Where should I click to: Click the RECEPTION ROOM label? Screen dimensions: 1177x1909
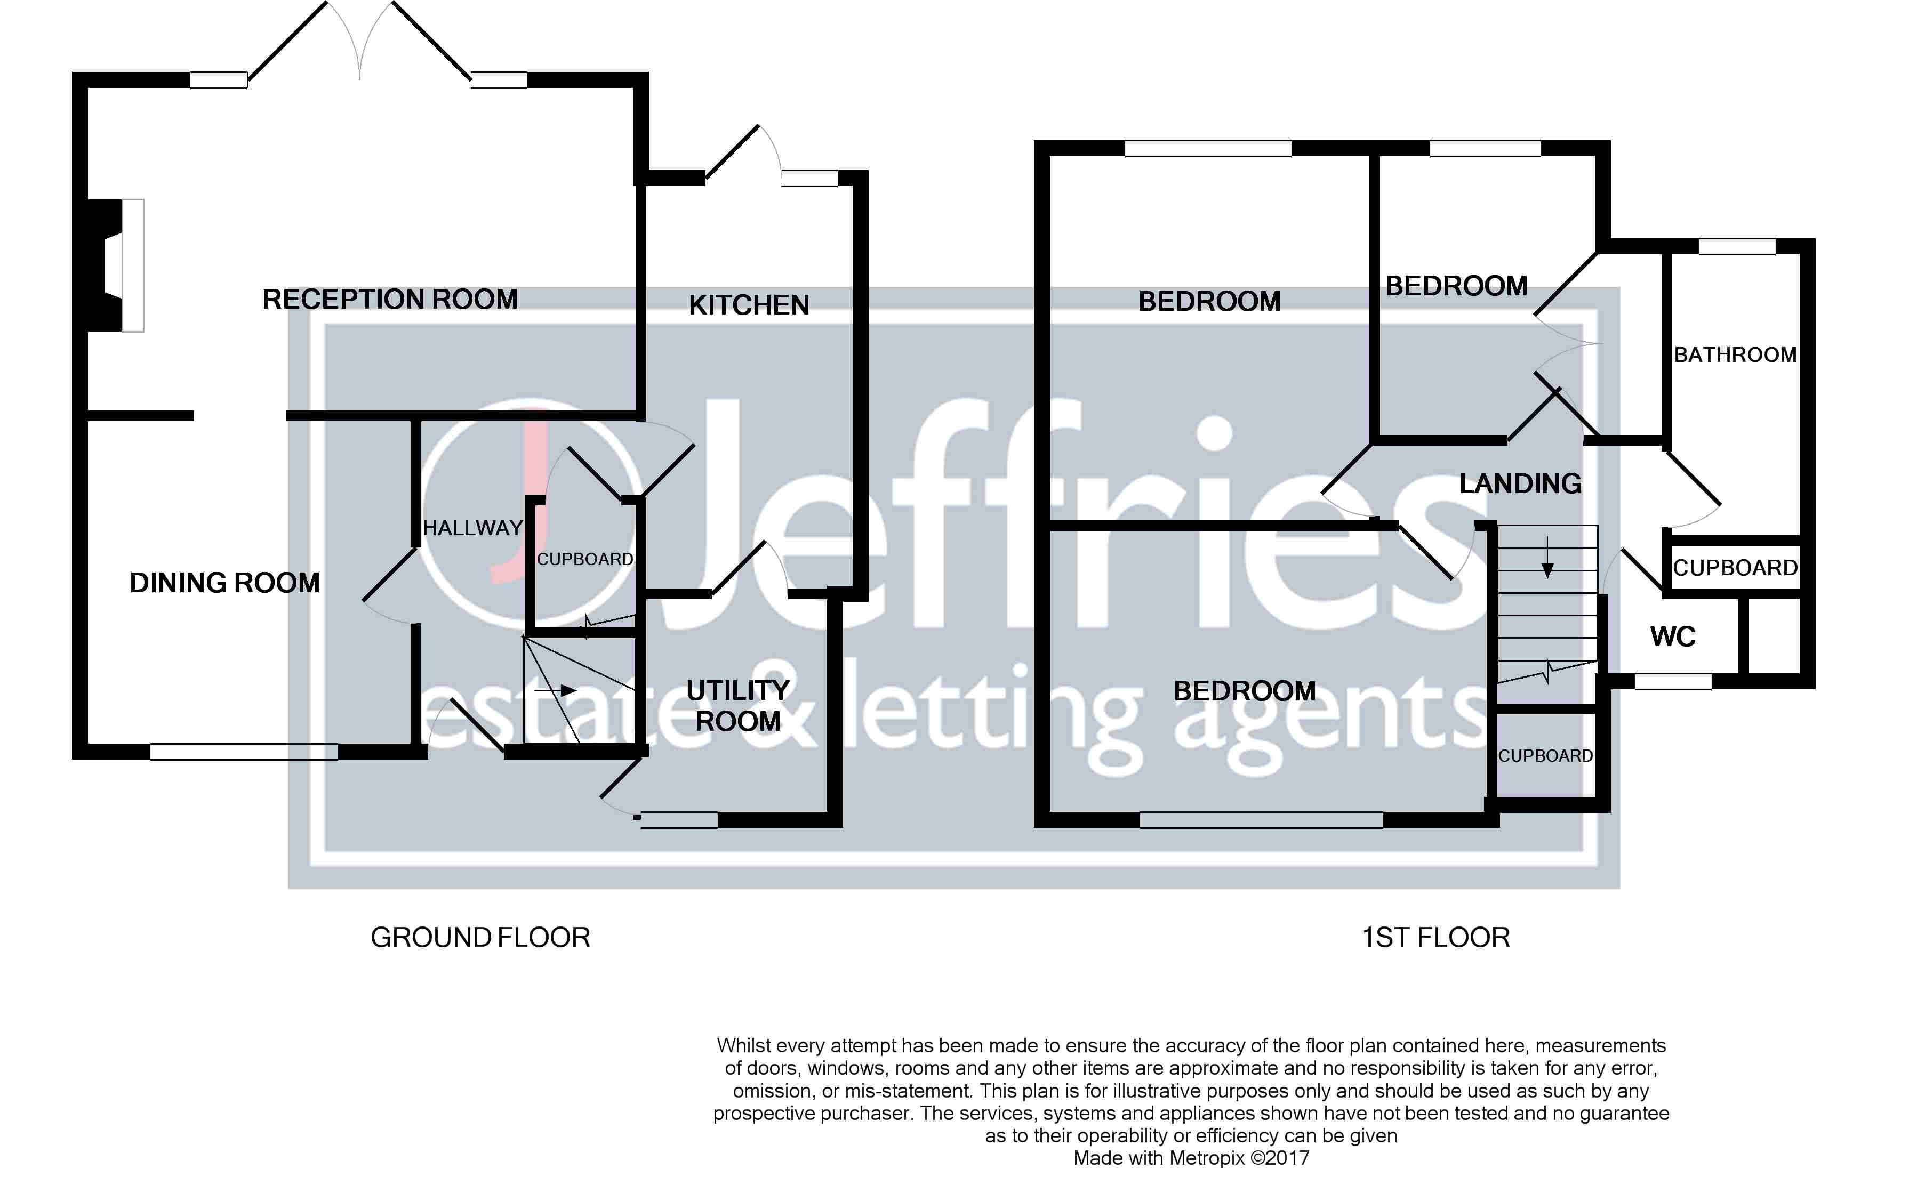tap(389, 299)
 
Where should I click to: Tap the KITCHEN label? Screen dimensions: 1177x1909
tap(749, 305)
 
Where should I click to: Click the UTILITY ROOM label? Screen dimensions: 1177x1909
tap(737, 706)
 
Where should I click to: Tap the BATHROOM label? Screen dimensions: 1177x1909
tap(1735, 355)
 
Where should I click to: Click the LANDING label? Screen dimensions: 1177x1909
tap(1520, 483)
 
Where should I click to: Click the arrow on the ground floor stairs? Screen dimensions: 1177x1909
tap(557, 690)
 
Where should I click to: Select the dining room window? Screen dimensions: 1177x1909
tap(244, 751)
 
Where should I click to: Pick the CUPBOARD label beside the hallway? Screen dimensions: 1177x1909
tap(584, 559)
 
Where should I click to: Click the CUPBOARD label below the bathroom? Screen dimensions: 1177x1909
tap(1735, 568)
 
